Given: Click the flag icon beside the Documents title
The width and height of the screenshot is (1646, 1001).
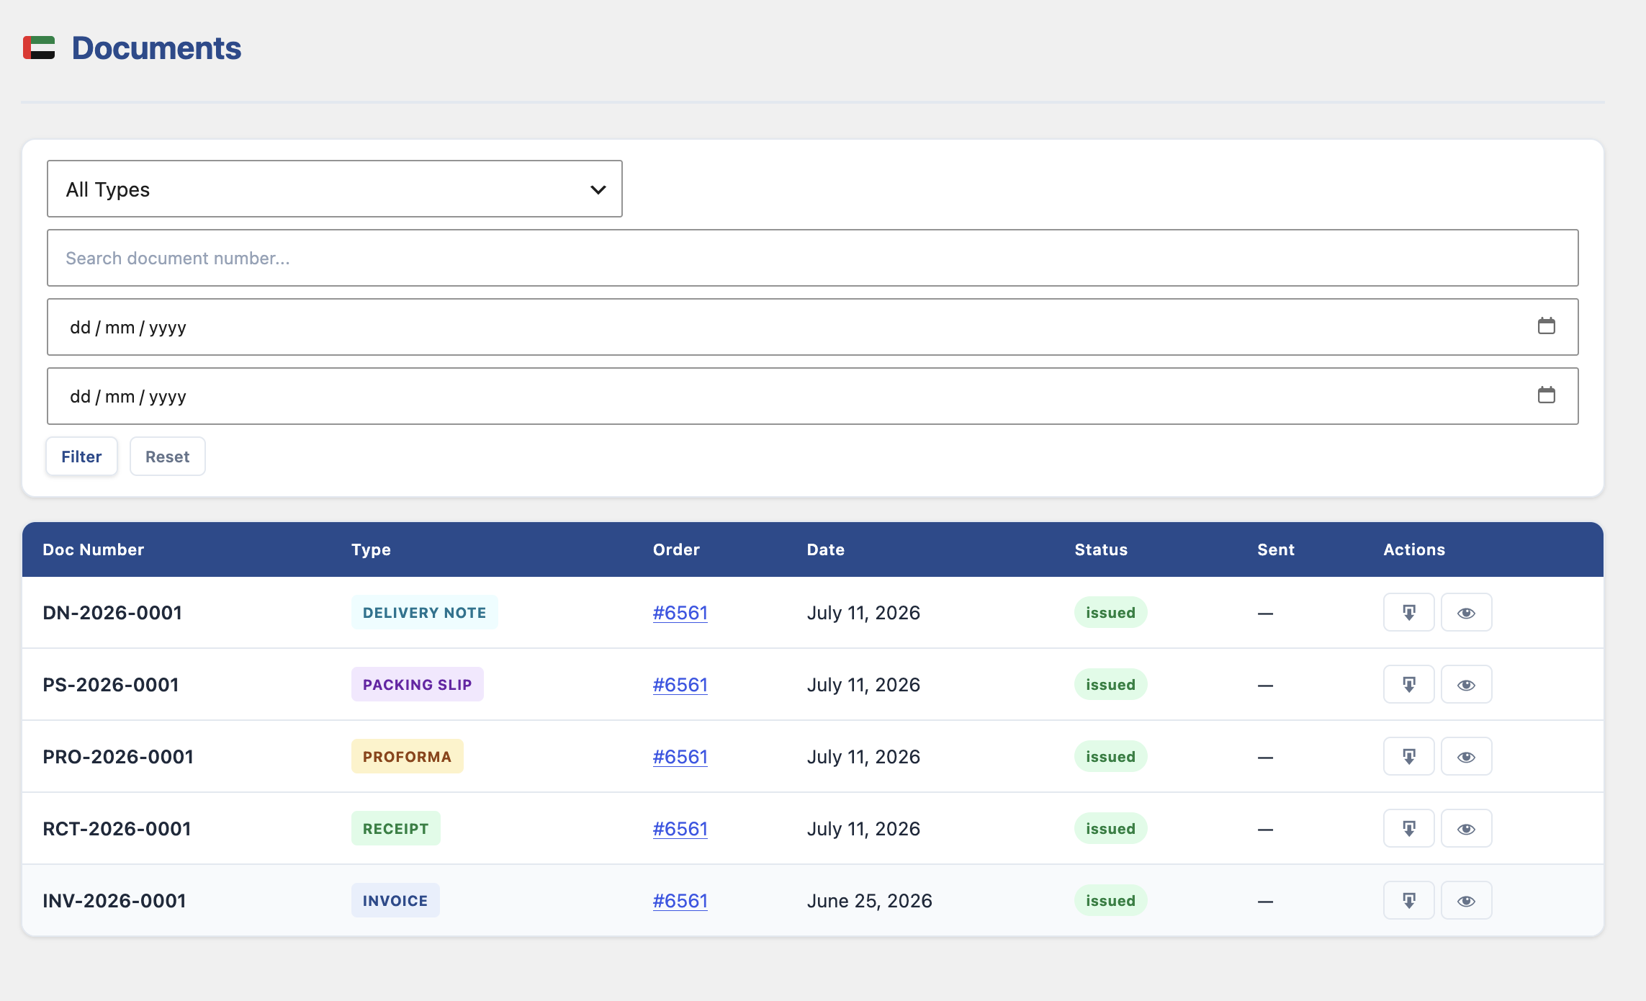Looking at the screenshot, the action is [39, 48].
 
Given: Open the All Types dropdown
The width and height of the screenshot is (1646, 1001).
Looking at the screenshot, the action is [335, 189].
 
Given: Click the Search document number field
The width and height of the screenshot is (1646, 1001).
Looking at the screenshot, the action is [813, 258].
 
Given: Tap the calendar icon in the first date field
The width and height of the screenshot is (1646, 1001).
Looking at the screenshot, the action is [1546, 326].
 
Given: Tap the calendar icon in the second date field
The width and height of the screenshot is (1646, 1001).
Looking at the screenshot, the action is [1546, 395].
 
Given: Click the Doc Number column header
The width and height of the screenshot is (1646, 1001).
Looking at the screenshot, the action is [94, 549].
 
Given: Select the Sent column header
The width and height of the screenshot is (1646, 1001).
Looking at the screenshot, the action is [1276, 549].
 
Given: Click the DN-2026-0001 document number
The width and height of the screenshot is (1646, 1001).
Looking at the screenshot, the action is [112, 613].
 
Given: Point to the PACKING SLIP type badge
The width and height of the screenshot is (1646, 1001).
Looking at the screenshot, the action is [418, 684].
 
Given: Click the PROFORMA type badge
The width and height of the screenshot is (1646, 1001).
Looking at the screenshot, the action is [408, 756].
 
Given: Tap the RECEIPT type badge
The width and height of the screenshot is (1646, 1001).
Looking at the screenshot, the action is [396, 828].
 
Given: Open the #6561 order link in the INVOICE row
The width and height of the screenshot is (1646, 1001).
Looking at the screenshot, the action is [680, 901].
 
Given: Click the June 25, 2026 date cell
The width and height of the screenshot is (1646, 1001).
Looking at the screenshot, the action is [870, 901].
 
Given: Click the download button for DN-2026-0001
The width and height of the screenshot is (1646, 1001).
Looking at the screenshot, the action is [1409, 612].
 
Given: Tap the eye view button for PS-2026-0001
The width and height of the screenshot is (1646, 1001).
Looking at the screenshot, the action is [1467, 684].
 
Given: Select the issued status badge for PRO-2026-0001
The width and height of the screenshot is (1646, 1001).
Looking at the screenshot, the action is [1111, 756].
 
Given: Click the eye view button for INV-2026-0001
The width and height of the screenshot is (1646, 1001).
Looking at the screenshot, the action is [1467, 900].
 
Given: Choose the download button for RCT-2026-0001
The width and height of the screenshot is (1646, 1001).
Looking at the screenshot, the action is [1409, 828].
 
